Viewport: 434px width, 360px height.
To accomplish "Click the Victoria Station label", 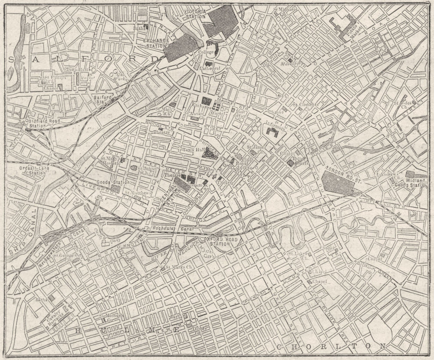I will pyautogui.click(x=194, y=13).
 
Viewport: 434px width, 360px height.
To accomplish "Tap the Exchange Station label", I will pyautogui.click(x=156, y=43).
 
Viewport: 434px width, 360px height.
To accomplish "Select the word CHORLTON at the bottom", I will pyautogui.click(x=330, y=346).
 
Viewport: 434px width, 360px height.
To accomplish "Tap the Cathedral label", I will pyautogui.click(x=210, y=68).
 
